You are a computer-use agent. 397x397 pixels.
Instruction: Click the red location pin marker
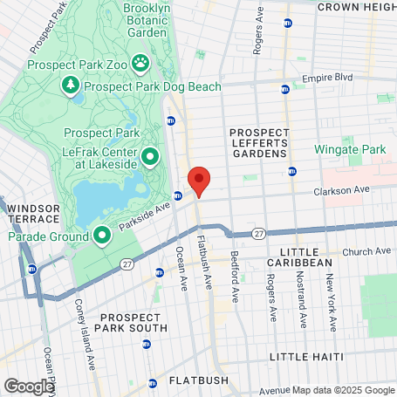click(199, 181)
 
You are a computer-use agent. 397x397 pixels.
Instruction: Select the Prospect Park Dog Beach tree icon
click(69, 85)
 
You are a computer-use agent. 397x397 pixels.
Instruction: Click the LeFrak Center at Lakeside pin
click(149, 157)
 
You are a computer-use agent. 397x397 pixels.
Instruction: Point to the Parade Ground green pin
click(101, 234)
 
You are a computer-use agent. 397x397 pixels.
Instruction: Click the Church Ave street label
click(366, 251)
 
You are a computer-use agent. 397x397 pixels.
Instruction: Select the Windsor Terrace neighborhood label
click(31, 214)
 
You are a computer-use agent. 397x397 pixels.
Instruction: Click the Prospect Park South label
click(133, 323)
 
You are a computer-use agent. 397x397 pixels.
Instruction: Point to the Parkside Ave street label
click(143, 215)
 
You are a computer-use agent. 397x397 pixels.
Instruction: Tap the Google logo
click(29, 386)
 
